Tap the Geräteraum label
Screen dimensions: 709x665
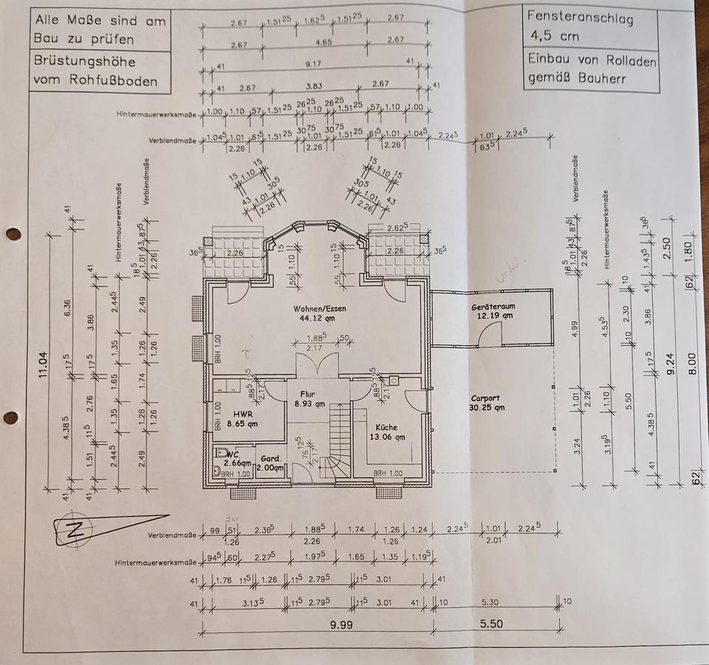coord(492,307)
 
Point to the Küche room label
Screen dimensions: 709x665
coord(386,427)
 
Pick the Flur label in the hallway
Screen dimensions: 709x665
coord(308,394)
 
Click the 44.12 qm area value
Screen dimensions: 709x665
coord(318,318)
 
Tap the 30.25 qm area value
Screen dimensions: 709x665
coord(487,407)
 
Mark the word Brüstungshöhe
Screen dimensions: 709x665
coord(85,62)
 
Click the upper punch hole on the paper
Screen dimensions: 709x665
coord(13,234)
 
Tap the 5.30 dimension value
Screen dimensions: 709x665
coord(489,602)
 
